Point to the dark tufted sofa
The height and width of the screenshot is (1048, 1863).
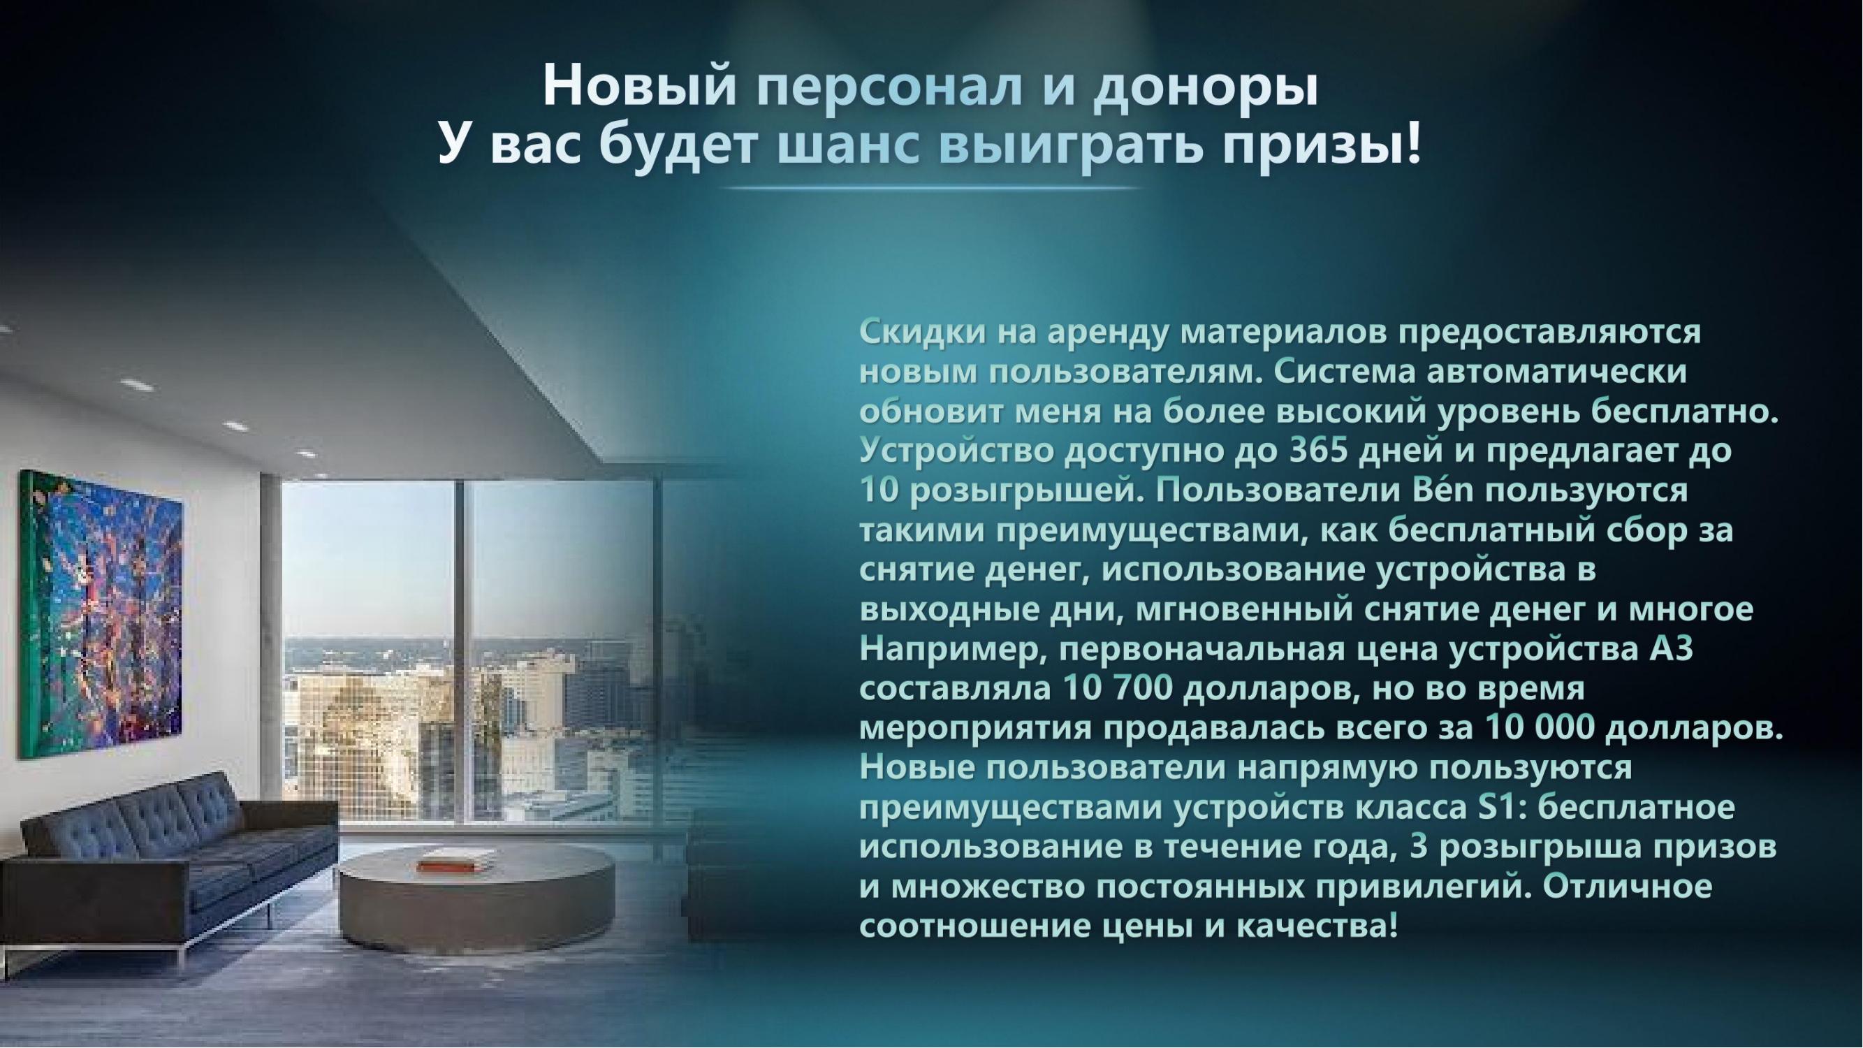tap(166, 854)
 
